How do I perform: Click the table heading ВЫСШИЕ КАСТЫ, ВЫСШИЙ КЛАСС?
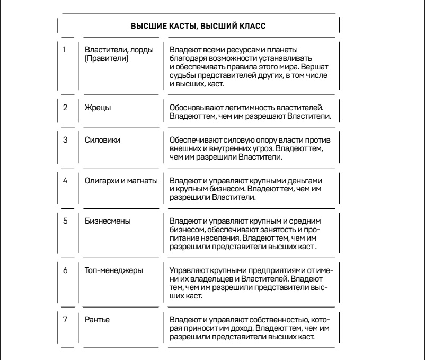click(198, 25)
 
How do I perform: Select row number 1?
click(65, 50)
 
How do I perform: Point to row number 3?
click(65, 141)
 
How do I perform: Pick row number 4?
click(65, 181)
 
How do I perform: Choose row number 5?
click(65, 221)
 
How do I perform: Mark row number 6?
click(65, 269)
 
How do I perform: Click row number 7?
click(65, 319)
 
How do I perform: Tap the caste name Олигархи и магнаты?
click(121, 181)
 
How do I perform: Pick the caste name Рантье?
click(96, 319)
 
